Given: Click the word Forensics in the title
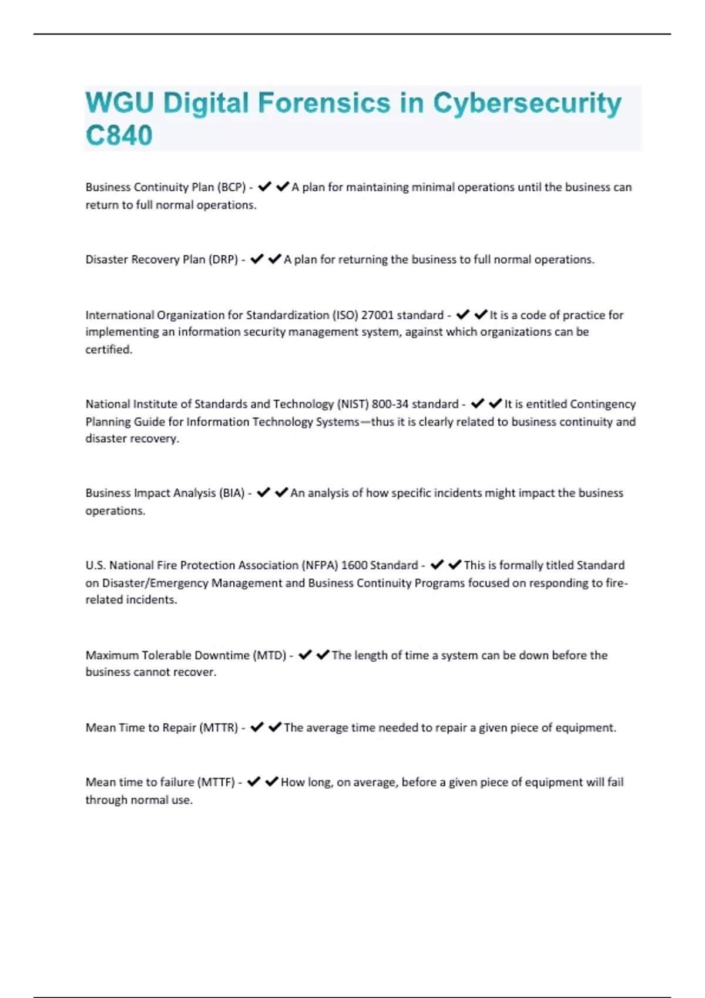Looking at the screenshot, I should [324, 103].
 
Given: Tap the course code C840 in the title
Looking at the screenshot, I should [119, 136].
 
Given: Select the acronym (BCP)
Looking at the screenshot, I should [231, 187].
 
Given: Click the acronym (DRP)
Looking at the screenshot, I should [223, 259].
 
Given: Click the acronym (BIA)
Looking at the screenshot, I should [231, 493].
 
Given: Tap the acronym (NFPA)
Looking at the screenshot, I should [320, 565].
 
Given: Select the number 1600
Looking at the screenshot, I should [354, 565].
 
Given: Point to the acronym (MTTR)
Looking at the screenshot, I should [219, 728].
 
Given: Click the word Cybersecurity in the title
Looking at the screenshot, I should [527, 103].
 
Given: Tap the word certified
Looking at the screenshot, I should [109, 349].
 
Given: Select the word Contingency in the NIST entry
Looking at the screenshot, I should [603, 404].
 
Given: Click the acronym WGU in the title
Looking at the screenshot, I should [119, 103].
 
